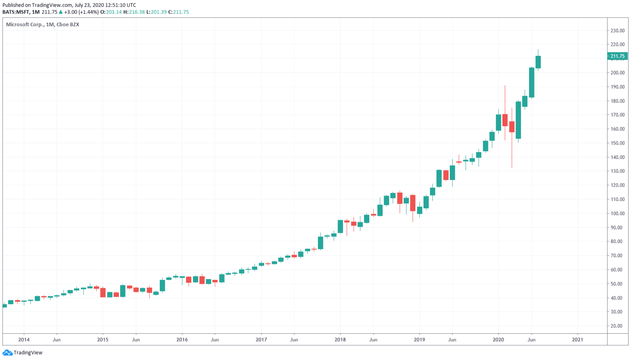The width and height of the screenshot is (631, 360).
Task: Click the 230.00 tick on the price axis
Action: [x=617, y=30]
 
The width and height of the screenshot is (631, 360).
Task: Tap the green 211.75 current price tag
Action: [x=617, y=56]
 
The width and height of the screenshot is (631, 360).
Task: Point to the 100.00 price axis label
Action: [x=617, y=214]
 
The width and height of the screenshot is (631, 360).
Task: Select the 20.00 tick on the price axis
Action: [x=617, y=326]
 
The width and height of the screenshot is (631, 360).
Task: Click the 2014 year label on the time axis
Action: [x=24, y=340]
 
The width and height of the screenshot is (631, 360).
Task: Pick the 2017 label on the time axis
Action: [x=261, y=340]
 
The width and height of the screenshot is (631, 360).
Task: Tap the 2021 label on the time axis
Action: [x=578, y=340]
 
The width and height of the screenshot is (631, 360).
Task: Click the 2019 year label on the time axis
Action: [x=419, y=340]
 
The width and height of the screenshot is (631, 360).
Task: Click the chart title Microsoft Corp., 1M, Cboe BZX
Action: [x=42, y=25]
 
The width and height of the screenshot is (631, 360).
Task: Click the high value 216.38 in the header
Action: [x=137, y=12]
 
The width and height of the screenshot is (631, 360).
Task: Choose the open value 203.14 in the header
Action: [x=114, y=12]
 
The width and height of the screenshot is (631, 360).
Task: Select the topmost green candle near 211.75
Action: [x=538, y=62]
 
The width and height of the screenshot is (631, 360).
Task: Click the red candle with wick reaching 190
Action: [x=505, y=120]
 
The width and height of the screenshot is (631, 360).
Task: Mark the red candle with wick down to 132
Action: [x=512, y=127]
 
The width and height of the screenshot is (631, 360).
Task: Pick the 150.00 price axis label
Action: [x=617, y=143]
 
